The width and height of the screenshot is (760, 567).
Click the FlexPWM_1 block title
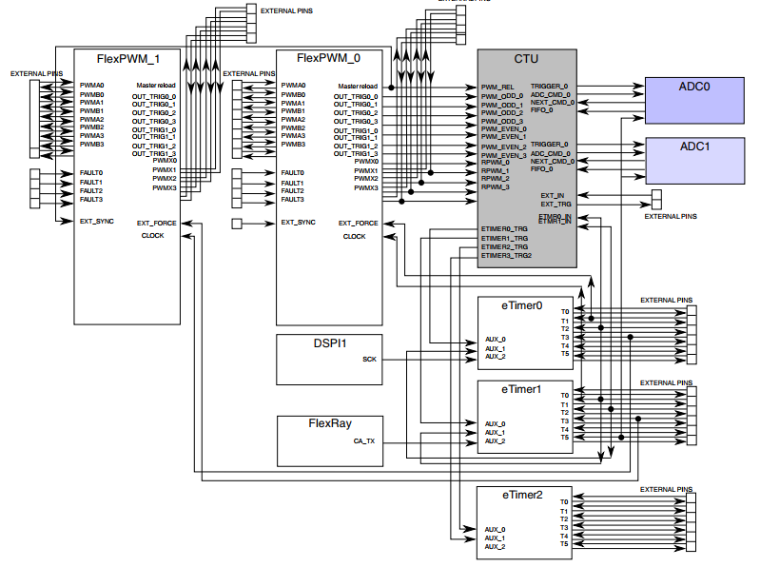(x=128, y=59)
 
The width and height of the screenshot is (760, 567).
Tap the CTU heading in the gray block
(x=526, y=59)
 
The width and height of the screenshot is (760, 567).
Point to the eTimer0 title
(x=523, y=306)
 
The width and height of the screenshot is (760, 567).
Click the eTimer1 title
(x=523, y=389)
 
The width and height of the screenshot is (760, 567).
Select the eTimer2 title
(x=523, y=495)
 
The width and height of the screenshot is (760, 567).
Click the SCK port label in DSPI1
(x=369, y=360)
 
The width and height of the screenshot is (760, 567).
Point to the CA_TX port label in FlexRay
(x=364, y=441)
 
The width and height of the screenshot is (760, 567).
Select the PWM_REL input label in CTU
(x=497, y=88)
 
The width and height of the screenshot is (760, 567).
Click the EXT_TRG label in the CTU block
(x=555, y=204)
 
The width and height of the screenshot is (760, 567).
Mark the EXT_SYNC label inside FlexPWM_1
(x=97, y=221)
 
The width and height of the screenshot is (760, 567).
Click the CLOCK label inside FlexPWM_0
(x=354, y=236)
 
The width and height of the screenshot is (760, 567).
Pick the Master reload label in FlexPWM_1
(x=157, y=86)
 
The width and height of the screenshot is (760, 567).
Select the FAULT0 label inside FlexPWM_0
(x=292, y=173)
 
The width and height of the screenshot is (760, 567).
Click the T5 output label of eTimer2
(x=564, y=544)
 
